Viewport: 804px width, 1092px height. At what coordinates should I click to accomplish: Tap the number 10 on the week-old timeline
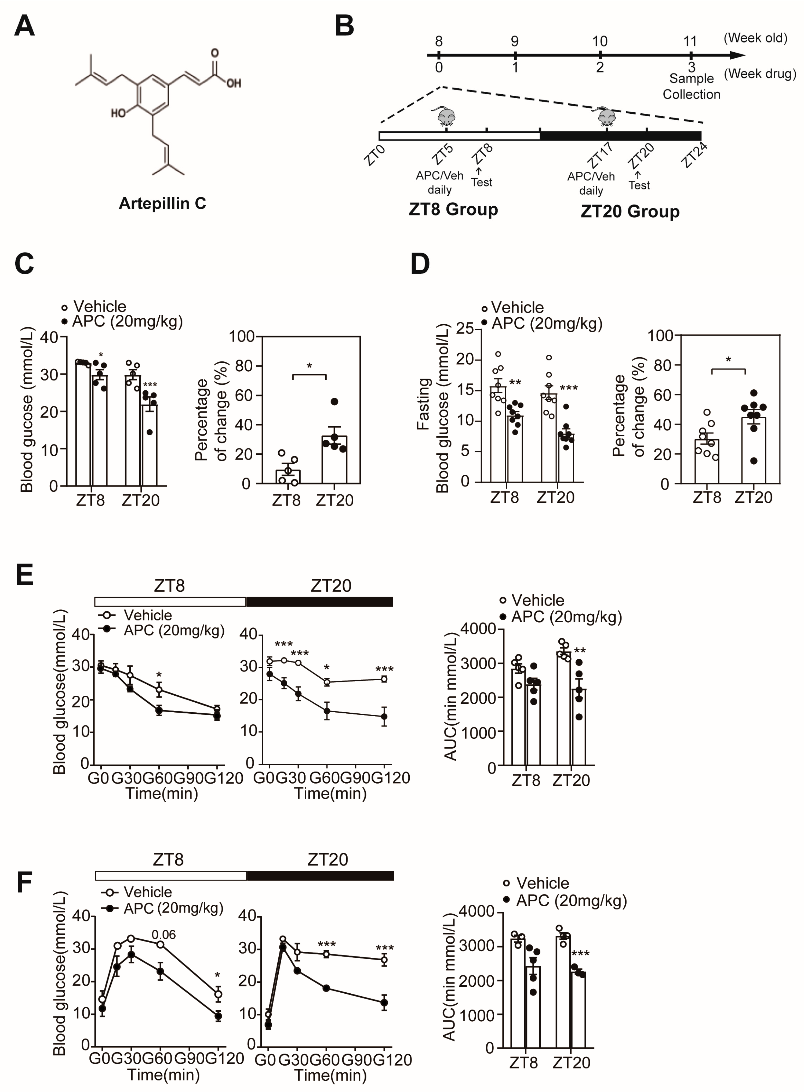(600, 41)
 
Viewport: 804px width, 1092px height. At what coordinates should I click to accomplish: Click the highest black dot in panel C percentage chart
(334, 402)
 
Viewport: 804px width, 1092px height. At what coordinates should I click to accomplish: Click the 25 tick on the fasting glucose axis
(465, 328)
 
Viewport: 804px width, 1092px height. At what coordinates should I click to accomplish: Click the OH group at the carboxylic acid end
(234, 83)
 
